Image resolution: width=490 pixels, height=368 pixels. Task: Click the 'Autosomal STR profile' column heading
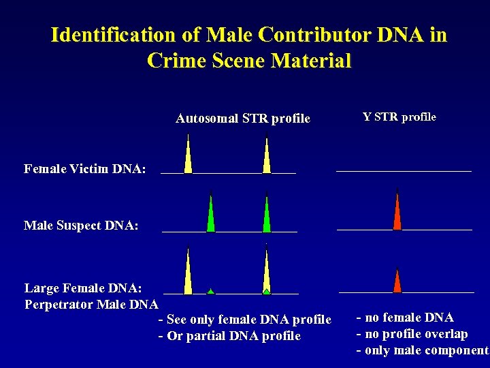[x=242, y=119]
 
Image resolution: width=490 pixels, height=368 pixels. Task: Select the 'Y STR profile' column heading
[x=399, y=117]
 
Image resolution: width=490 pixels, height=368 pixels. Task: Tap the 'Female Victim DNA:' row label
[x=85, y=168]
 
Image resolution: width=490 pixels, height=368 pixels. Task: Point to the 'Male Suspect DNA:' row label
[x=82, y=225]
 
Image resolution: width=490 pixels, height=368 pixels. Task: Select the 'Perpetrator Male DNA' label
[x=91, y=304]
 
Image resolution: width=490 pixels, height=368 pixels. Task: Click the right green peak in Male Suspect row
[x=267, y=217]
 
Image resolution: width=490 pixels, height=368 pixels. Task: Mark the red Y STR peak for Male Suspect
[x=397, y=213]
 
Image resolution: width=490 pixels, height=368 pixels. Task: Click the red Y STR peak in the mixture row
[x=397, y=283]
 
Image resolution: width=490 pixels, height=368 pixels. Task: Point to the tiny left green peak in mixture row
[x=211, y=292]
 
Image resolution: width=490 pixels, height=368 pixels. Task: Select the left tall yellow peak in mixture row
[x=188, y=273]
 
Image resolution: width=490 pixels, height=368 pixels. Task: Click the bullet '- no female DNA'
[x=405, y=318]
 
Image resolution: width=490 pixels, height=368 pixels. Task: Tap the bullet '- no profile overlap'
[x=412, y=334]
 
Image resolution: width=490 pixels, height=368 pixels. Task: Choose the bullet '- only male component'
[x=422, y=350]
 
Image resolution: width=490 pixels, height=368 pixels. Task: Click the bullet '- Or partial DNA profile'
[x=229, y=336]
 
